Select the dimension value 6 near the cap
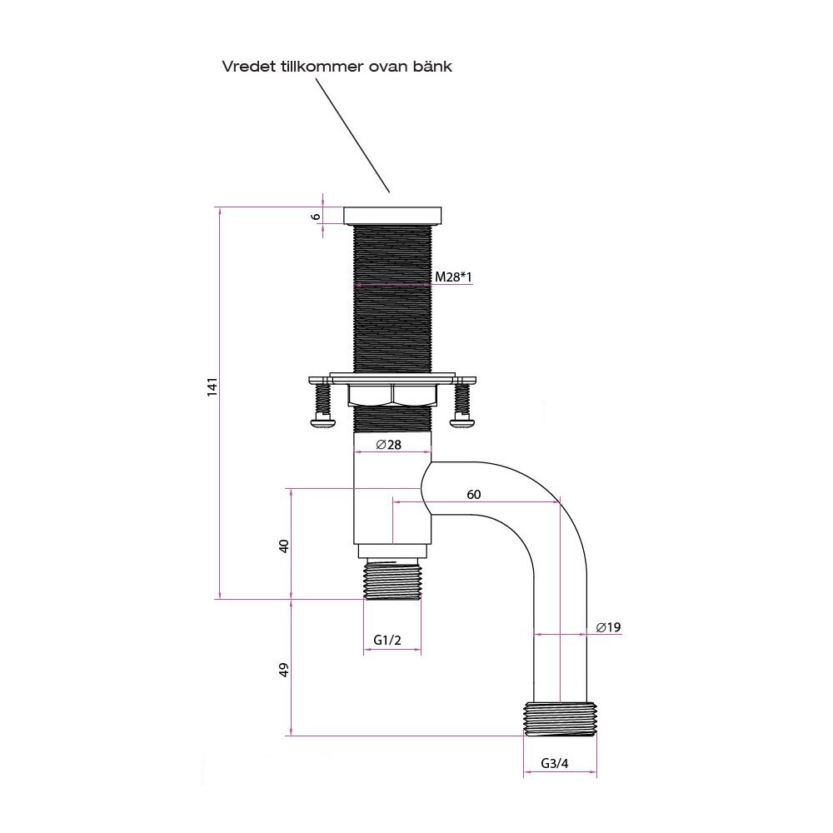point(316,215)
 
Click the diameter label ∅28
point(388,445)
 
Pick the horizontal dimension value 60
point(473,494)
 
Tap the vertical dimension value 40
point(283,546)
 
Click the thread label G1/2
point(388,640)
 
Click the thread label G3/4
point(555,763)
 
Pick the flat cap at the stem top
point(392,215)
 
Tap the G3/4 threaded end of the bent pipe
point(561,719)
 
